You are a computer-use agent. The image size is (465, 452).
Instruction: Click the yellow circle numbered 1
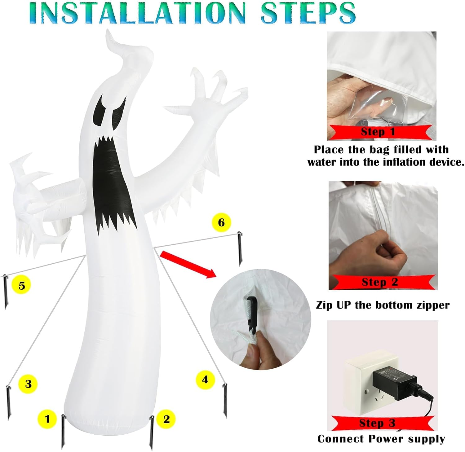click(x=47, y=419)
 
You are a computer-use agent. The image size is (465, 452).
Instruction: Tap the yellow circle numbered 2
click(x=166, y=419)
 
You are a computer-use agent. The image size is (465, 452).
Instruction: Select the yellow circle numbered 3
click(x=28, y=384)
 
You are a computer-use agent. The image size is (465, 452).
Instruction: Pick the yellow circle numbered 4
click(x=205, y=380)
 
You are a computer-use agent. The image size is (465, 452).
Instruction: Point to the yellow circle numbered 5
click(x=21, y=285)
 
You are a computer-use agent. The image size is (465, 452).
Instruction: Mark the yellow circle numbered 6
click(x=221, y=222)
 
